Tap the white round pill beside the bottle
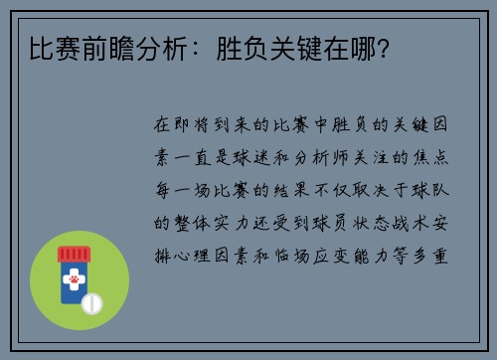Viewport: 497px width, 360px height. (x=92, y=300)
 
